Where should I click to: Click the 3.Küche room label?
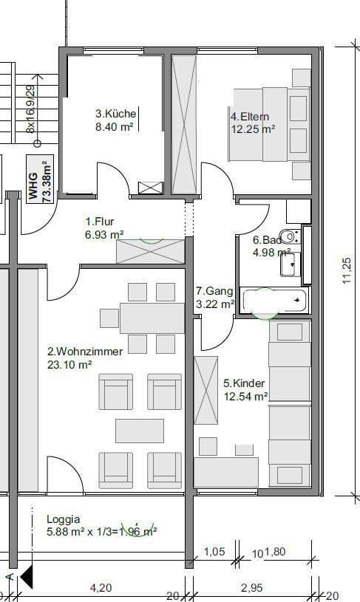pos(115,114)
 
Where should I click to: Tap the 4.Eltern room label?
pos(251,117)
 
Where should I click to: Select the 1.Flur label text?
pos(100,221)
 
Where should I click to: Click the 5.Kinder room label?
pos(244,383)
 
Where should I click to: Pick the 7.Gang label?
pos(214,291)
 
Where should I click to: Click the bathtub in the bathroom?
pos(274,300)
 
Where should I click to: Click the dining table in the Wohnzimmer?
pos(152,318)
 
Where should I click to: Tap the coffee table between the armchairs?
pos(139,431)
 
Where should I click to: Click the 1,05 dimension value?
pos(214,551)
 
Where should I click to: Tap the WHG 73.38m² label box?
pos(39,180)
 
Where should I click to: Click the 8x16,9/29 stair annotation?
pos(30,109)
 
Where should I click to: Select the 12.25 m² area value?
pos(253,128)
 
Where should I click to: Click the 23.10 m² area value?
pos(69,364)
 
